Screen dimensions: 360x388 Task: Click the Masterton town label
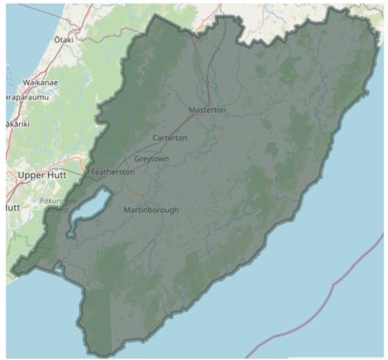click(x=208, y=110)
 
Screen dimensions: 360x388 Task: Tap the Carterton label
click(x=170, y=138)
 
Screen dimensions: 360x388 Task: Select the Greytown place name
click(x=152, y=158)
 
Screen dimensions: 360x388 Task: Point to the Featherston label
click(x=113, y=172)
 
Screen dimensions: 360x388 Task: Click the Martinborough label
click(x=151, y=210)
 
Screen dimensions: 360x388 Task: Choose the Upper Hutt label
click(x=42, y=175)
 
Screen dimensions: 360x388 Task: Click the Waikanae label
click(x=40, y=82)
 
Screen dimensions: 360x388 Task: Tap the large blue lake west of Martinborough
click(x=91, y=208)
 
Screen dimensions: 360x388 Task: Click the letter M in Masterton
click(x=192, y=110)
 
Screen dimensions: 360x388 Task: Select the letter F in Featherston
click(x=93, y=172)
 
